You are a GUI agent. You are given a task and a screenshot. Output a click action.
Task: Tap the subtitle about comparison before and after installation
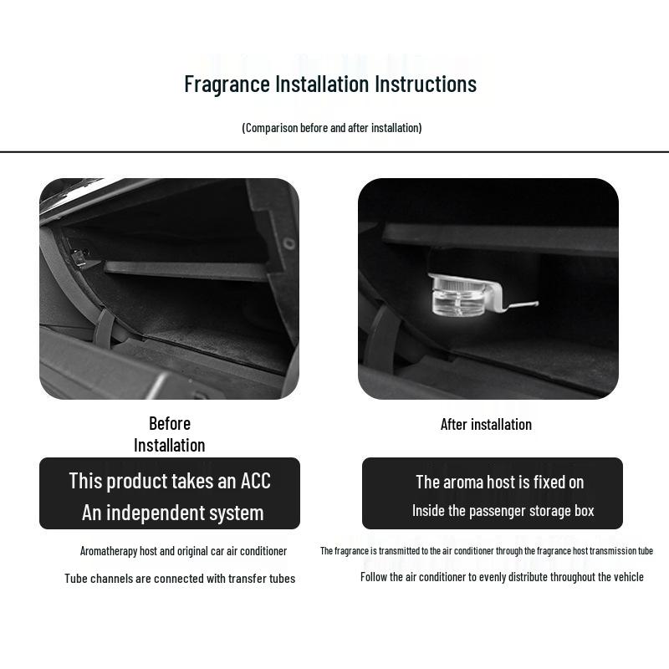(332, 128)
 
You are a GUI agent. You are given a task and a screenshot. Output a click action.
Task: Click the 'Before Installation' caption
(170, 434)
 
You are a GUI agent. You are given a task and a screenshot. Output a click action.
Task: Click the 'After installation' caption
(486, 425)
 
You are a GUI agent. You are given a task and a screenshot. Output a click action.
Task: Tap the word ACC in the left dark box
(255, 481)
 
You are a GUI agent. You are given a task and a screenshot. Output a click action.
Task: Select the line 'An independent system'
(172, 513)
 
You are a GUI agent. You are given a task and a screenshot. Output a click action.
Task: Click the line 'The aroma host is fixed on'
(499, 482)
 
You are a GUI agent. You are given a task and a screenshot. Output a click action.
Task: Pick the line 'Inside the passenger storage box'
(503, 511)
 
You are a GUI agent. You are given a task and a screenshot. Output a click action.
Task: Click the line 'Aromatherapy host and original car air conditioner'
(183, 551)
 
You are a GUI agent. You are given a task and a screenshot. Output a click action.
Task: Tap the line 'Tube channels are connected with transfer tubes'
(180, 579)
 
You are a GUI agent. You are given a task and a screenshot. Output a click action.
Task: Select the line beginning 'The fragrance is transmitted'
(486, 551)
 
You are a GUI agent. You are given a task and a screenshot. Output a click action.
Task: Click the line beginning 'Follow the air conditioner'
(502, 577)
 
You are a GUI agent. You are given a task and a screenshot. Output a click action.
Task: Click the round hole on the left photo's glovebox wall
(289, 244)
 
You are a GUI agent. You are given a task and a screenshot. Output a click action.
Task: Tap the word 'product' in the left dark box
(137, 481)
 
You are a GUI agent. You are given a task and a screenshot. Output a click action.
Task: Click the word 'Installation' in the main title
(322, 84)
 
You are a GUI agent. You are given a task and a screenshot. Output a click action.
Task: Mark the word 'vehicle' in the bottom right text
(626, 577)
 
